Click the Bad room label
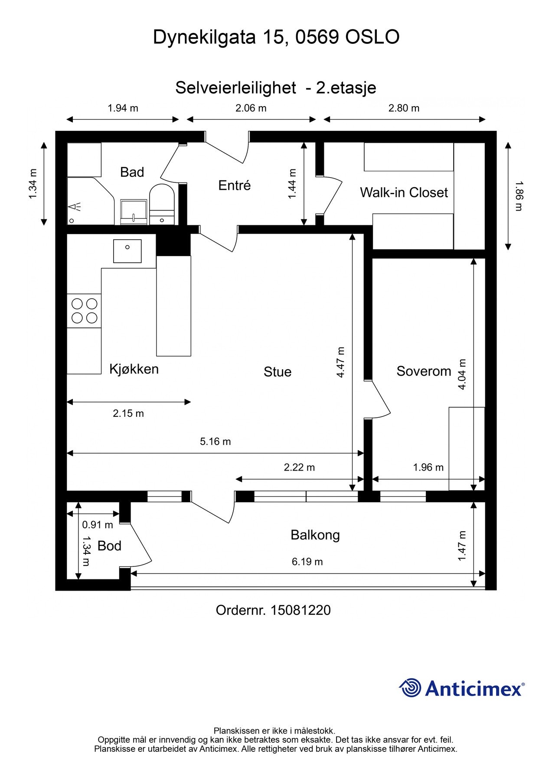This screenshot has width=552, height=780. point(132,172)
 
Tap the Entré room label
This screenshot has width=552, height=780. point(235,185)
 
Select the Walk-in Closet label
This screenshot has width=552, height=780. point(404,192)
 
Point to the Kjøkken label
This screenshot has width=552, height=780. point(134,369)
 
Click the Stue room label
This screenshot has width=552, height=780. point(278,372)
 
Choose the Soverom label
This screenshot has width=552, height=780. point(424,371)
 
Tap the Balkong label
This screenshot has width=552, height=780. point(315,535)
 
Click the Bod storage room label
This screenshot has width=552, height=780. point(109,546)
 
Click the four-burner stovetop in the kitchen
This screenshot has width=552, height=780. point(84,311)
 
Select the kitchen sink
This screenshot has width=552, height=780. point(127,251)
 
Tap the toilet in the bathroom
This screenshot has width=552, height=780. point(162,204)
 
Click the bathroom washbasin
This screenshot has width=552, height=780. point(134,212)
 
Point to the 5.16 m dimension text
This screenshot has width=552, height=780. point(215,442)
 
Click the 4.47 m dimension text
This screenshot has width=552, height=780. point(340,362)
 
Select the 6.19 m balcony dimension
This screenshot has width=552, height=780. point(307,562)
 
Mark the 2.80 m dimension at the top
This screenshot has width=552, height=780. point(404,108)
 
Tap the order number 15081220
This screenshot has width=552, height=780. point(300,610)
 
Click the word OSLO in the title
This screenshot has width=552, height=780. point(372,38)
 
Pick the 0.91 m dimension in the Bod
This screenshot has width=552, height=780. point(98,525)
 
